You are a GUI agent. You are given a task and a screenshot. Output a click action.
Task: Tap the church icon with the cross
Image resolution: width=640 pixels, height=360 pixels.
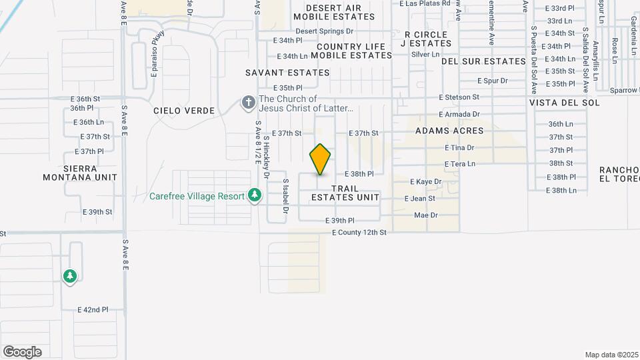(x=248, y=103)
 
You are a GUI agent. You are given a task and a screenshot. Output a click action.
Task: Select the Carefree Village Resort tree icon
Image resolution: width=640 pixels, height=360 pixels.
(x=253, y=195)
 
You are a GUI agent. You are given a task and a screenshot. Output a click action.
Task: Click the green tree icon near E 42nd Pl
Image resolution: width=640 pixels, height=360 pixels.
(x=70, y=275)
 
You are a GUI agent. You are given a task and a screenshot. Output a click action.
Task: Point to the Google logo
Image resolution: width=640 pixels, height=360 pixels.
(x=22, y=352)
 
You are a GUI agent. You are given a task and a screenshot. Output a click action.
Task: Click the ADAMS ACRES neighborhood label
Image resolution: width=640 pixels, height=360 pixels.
(x=449, y=131)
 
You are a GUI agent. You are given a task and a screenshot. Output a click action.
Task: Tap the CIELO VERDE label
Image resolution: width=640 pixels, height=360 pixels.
(x=184, y=110)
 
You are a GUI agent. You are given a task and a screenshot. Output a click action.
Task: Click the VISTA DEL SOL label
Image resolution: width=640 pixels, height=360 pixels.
(x=565, y=103)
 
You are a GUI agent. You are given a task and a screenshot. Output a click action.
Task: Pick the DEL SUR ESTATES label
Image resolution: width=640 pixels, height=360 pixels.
(x=484, y=61)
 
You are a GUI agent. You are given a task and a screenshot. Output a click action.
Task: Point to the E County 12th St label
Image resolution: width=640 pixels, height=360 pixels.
(x=359, y=232)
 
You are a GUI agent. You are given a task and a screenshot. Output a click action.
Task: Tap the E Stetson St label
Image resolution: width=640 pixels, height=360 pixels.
(x=459, y=97)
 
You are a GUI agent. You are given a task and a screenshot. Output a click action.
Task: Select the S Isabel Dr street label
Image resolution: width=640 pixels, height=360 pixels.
(x=285, y=195)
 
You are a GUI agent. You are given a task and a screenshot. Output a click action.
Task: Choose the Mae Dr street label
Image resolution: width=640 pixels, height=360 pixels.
(x=425, y=215)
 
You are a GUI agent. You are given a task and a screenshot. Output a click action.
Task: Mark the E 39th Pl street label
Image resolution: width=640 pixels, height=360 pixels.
(x=339, y=220)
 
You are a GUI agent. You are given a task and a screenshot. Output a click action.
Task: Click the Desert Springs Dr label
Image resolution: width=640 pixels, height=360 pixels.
(x=324, y=31)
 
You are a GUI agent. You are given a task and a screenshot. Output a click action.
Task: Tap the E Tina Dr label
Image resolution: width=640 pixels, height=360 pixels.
(x=459, y=147)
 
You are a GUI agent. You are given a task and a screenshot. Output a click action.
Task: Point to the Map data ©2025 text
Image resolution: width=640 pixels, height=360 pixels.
(x=612, y=354)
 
